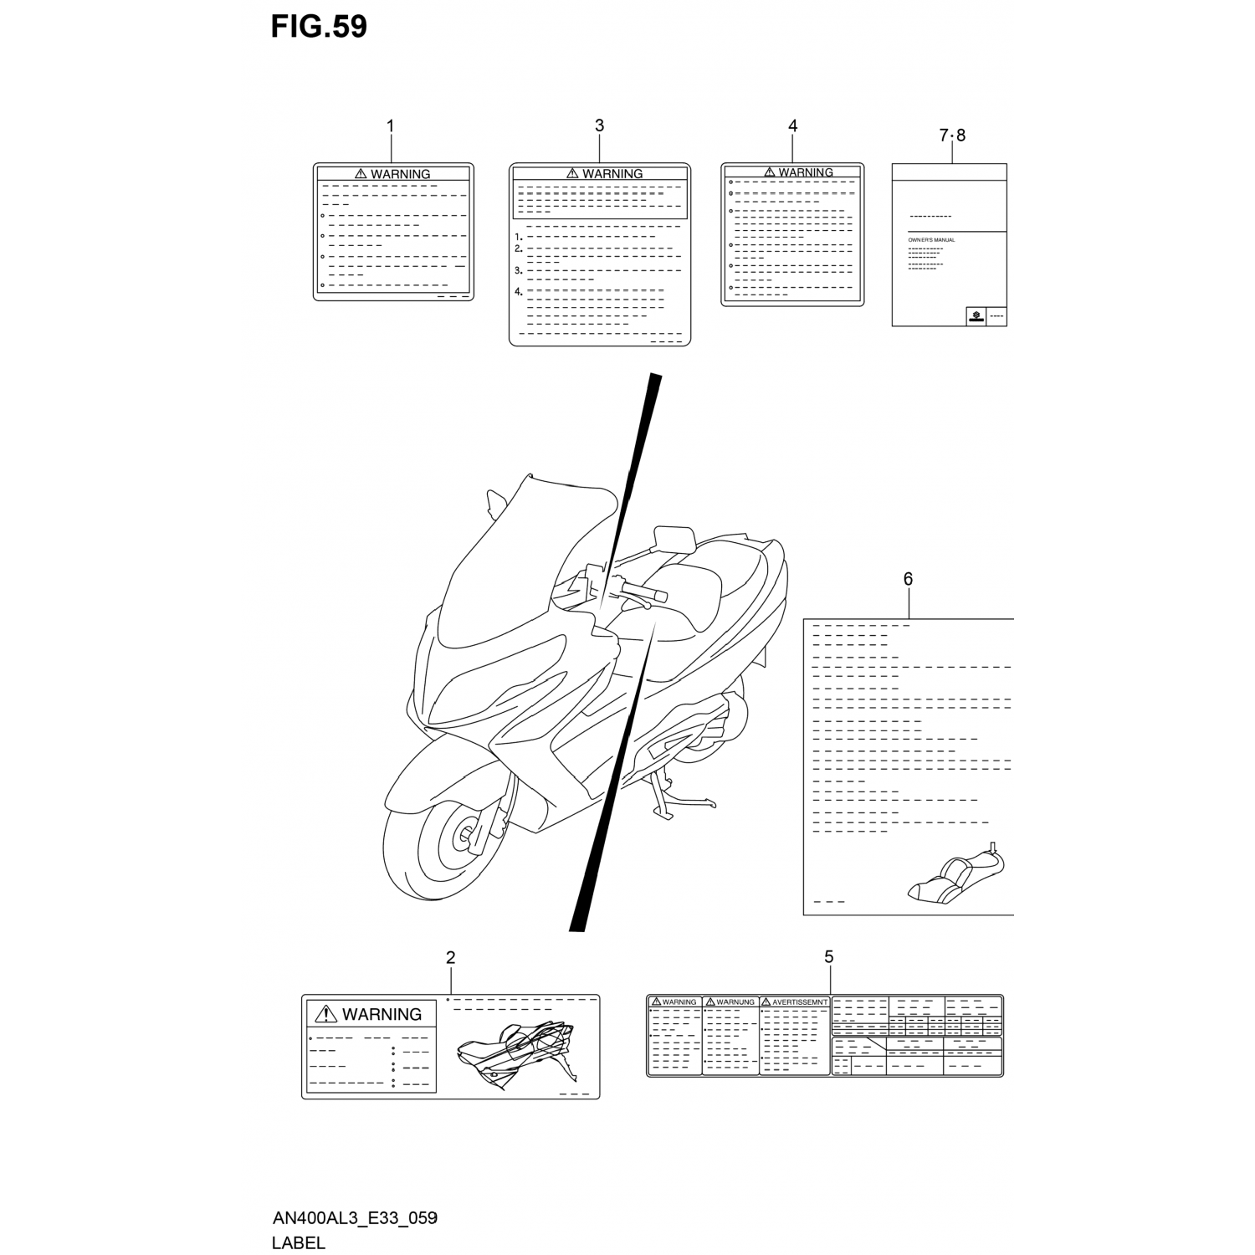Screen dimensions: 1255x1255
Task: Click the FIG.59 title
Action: click(x=319, y=27)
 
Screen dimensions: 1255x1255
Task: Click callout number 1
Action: click(x=390, y=126)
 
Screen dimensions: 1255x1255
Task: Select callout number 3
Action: click(x=599, y=125)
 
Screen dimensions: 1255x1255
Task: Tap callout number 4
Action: click(x=792, y=125)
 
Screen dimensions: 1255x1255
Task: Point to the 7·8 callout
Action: click(x=952, y=136)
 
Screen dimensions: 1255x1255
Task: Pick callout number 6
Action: click(x=908, y=579)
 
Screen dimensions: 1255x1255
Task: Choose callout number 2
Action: click(x=450, y=957)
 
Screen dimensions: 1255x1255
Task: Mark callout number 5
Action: click(x=828, y=956)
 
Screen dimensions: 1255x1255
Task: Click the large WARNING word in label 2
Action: click(x=382, y=1014)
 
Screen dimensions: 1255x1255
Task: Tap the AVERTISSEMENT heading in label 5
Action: click(x=799, y=1001)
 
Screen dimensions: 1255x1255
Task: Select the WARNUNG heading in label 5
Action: click(x=735, y=1001)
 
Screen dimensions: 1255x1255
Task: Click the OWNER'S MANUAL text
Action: click(x=931, y=240)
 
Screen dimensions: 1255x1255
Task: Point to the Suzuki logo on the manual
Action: click(x=976, y=315)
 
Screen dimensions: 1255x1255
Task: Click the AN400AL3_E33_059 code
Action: click(x=355, y=1218)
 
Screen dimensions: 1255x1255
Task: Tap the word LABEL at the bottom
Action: click(x=298, y=1242)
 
